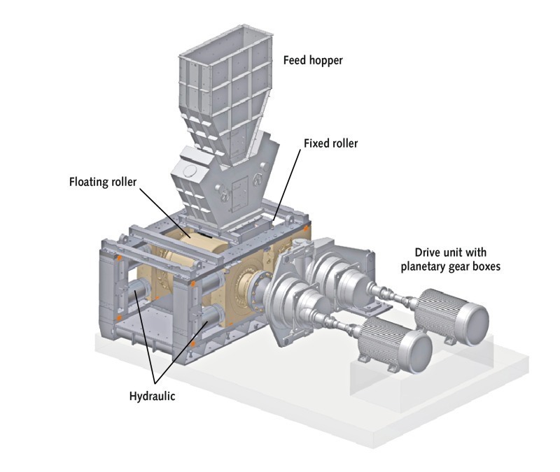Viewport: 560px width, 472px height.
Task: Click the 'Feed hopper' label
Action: (313, 60)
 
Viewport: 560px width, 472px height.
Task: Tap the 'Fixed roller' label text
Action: (330, 143)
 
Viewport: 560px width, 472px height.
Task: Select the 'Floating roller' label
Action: (103, 182)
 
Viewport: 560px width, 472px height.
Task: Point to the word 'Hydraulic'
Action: (152, 396)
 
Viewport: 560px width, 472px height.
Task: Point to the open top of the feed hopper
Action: (226, 41)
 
